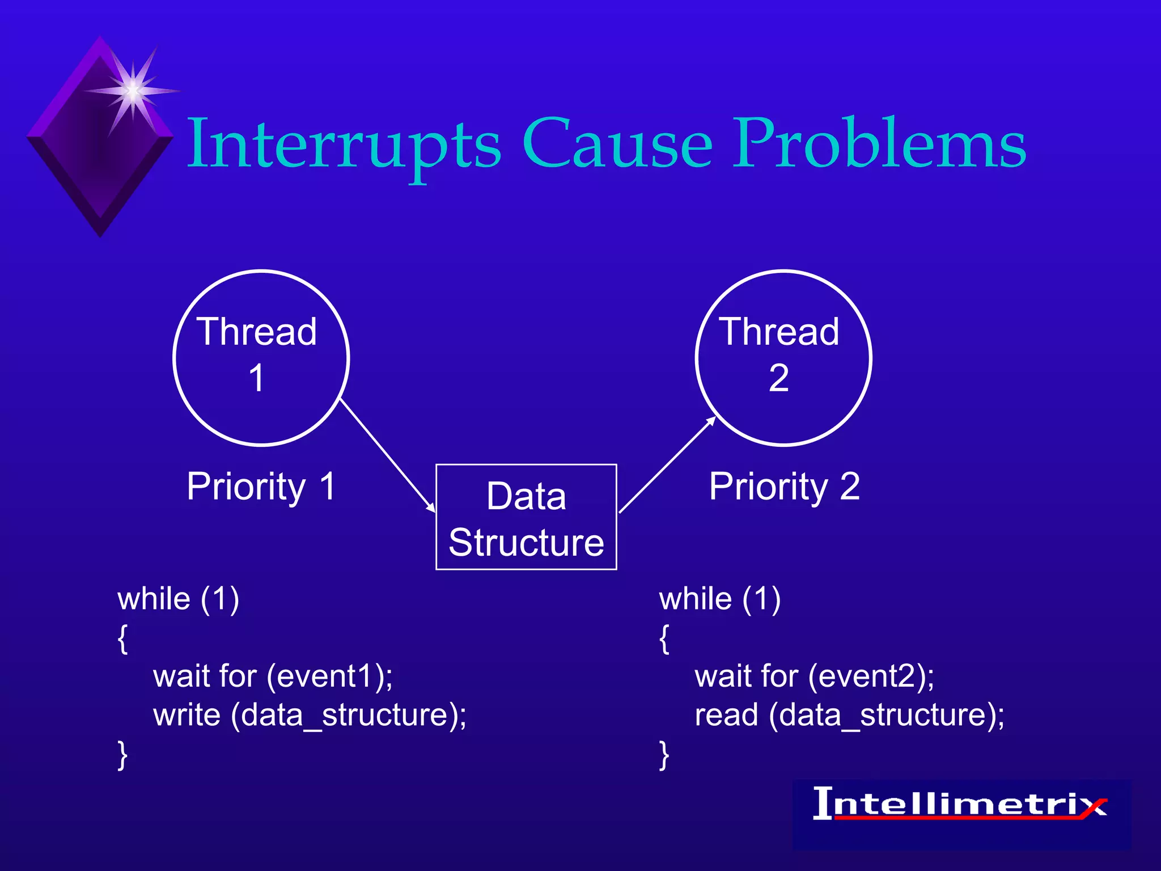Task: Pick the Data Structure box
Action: pyautogui.click(x=526, y=517)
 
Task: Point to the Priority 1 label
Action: pyautogui.click(x=261, y=487)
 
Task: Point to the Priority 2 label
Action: pyautogui.click(x=785, y=487)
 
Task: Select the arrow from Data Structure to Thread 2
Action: pyautogui.click(x=668, y=465)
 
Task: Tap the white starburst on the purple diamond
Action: pyautogui.click(x=133, y=91)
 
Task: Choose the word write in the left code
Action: pyautogui.click(x=187, y=714)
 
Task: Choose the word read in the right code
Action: pyautogui.click(x=726, y=714)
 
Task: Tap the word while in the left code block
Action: pyautogui.click(x=154, y=599)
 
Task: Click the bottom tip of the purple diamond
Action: pyautogui.click(x=100, y=234)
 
